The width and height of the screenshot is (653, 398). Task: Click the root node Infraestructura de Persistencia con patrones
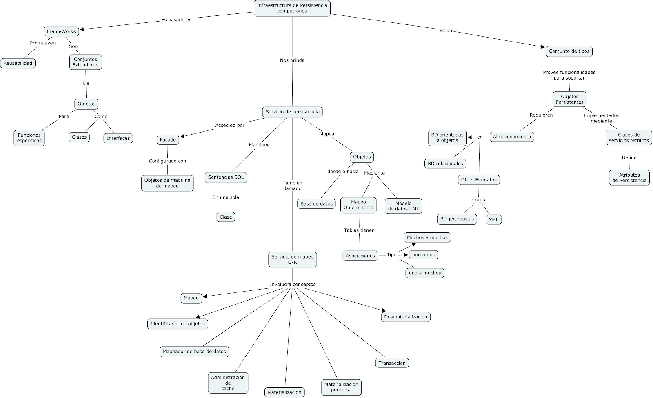[x=292, y=8]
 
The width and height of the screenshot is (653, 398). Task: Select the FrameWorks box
[x=61, y=31]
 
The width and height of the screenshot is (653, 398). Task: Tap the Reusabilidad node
[x=18, y=63]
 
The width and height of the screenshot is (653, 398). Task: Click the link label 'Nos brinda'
[x=292, y=60]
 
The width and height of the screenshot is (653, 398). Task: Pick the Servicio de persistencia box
[x=292, y=112]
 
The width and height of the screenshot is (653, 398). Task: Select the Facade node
[x=168, y=139]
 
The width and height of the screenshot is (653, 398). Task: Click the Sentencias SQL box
[x=226, y=177]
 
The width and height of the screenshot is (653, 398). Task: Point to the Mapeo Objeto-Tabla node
[x=358, y=205]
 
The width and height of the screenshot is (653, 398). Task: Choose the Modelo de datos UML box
[x=403, y=206]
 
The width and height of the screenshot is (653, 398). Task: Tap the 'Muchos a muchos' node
[x=427, y=237]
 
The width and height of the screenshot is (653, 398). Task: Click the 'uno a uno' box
[x=424, y=255]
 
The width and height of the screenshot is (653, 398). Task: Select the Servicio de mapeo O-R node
[x=292, y=259]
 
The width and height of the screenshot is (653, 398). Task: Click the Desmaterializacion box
[x=406, y=317]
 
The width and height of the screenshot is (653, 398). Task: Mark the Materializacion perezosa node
[x=341, y=387]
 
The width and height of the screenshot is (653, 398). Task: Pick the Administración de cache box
[x=228, y=383]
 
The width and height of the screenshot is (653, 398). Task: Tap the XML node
[x=493, y=219]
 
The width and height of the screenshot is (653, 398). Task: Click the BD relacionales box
[x=445, y=164]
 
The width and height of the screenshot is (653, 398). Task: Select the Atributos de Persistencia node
[x=629, y=177]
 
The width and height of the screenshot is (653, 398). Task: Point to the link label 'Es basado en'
[x=176, y=19]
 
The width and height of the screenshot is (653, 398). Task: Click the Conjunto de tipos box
[x=569, y=51]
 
